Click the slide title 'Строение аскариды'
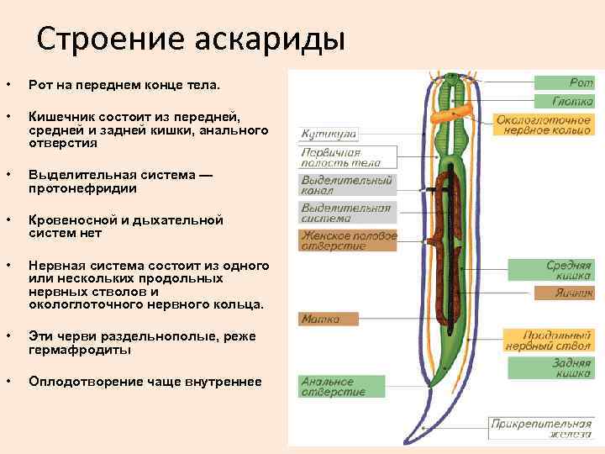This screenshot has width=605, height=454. click(x=192, y=39)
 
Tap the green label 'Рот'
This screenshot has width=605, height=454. click(x=565, y=82)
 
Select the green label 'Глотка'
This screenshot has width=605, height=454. click(x=565, y=101)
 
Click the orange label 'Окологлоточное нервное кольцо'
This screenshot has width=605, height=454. click(x=543, y=125)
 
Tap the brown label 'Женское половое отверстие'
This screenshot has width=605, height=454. click(x=348, y=240)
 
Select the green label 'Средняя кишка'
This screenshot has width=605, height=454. click(x=551, y=270)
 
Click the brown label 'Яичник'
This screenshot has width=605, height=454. click(x=564, y=293)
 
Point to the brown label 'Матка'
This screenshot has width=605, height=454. click(x=329, y=319)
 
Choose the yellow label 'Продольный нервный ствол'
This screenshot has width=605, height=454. click(x=549, y=340)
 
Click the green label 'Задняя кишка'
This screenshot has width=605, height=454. click(x=551, y=368)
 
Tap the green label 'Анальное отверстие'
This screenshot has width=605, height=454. click(x=334, y=386)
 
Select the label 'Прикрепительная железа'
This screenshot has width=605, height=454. click(x=543, y=428)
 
